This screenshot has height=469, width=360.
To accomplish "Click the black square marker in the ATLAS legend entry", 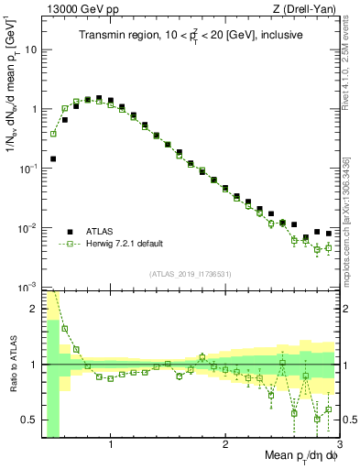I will point(70,231).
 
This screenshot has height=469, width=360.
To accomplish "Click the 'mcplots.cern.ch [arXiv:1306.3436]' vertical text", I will point(350,210).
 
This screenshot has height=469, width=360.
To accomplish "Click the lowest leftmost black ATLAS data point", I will point(53,158).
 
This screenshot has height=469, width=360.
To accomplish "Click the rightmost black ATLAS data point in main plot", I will point(328,233).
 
